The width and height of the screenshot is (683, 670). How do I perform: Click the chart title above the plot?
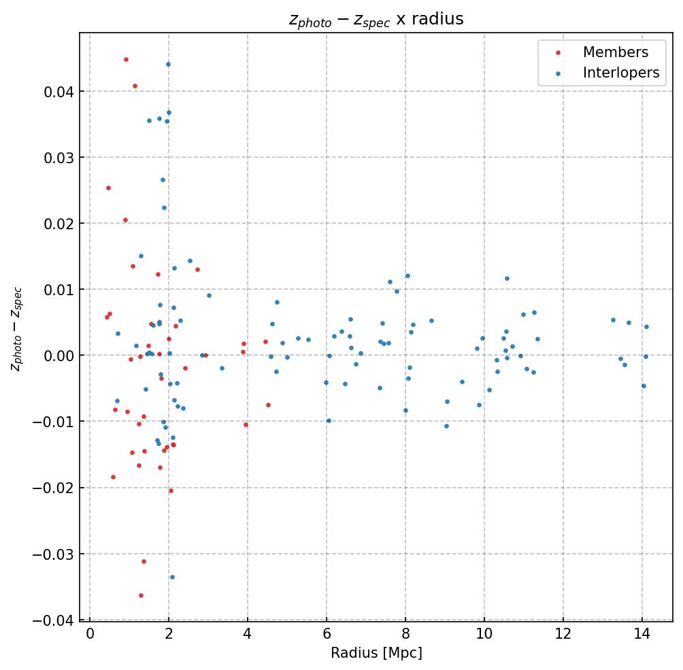click(x=376, y=19)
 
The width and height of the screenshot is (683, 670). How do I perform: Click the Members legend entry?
click(x=615, y=52)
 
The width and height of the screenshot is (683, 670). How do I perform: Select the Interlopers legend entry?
click(x=620, y=73)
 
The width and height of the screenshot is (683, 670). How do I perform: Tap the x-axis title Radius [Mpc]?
click(x=376, y=653)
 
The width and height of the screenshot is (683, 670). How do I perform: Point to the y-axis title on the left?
click(x=16, y=329)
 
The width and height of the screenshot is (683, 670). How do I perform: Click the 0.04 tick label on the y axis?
click(x=56, y=92)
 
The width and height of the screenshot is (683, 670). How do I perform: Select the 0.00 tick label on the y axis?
click(x=56, y=356)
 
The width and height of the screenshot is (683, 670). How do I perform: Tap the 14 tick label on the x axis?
click(x=642, y=635)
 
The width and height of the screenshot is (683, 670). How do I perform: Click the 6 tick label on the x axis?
click(x=327, y=635)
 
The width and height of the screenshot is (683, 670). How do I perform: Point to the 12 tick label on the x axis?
click(x=563, y=635)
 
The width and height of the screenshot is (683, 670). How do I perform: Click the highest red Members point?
click(x=126, y=59)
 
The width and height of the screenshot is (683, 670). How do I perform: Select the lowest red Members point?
click(x=141, y=595)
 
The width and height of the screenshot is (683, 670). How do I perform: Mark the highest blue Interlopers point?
click(x=168, y=64)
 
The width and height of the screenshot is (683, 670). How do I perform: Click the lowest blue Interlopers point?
click(x=172, y=577)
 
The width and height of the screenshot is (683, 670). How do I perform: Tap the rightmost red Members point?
click(x=268, y=405)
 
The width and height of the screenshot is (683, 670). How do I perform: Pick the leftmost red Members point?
click(x=107, y=317)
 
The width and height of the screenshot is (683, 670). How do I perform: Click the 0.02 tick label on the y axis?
click(x=56, y=224)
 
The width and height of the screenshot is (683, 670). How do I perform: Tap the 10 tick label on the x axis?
click(x=484, y=635)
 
